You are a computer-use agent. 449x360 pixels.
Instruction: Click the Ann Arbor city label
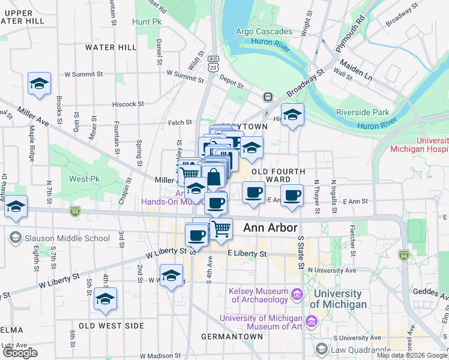(x=271, y=229)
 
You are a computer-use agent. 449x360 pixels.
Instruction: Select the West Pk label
(x=84, y=179)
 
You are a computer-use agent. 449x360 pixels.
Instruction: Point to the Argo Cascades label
(x=264, y=31)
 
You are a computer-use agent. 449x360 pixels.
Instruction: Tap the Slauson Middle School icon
(x=16, y=238)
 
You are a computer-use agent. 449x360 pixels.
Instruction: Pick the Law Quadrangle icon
(x=322, y=349)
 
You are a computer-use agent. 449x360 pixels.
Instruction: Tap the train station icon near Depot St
(x=268, y=97)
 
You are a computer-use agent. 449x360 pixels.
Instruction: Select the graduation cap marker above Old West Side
(x=106, y=299)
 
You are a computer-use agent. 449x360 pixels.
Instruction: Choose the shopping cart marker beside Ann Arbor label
(x=221, y=229)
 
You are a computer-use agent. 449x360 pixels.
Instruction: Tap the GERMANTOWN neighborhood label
(x=232, y=337)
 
